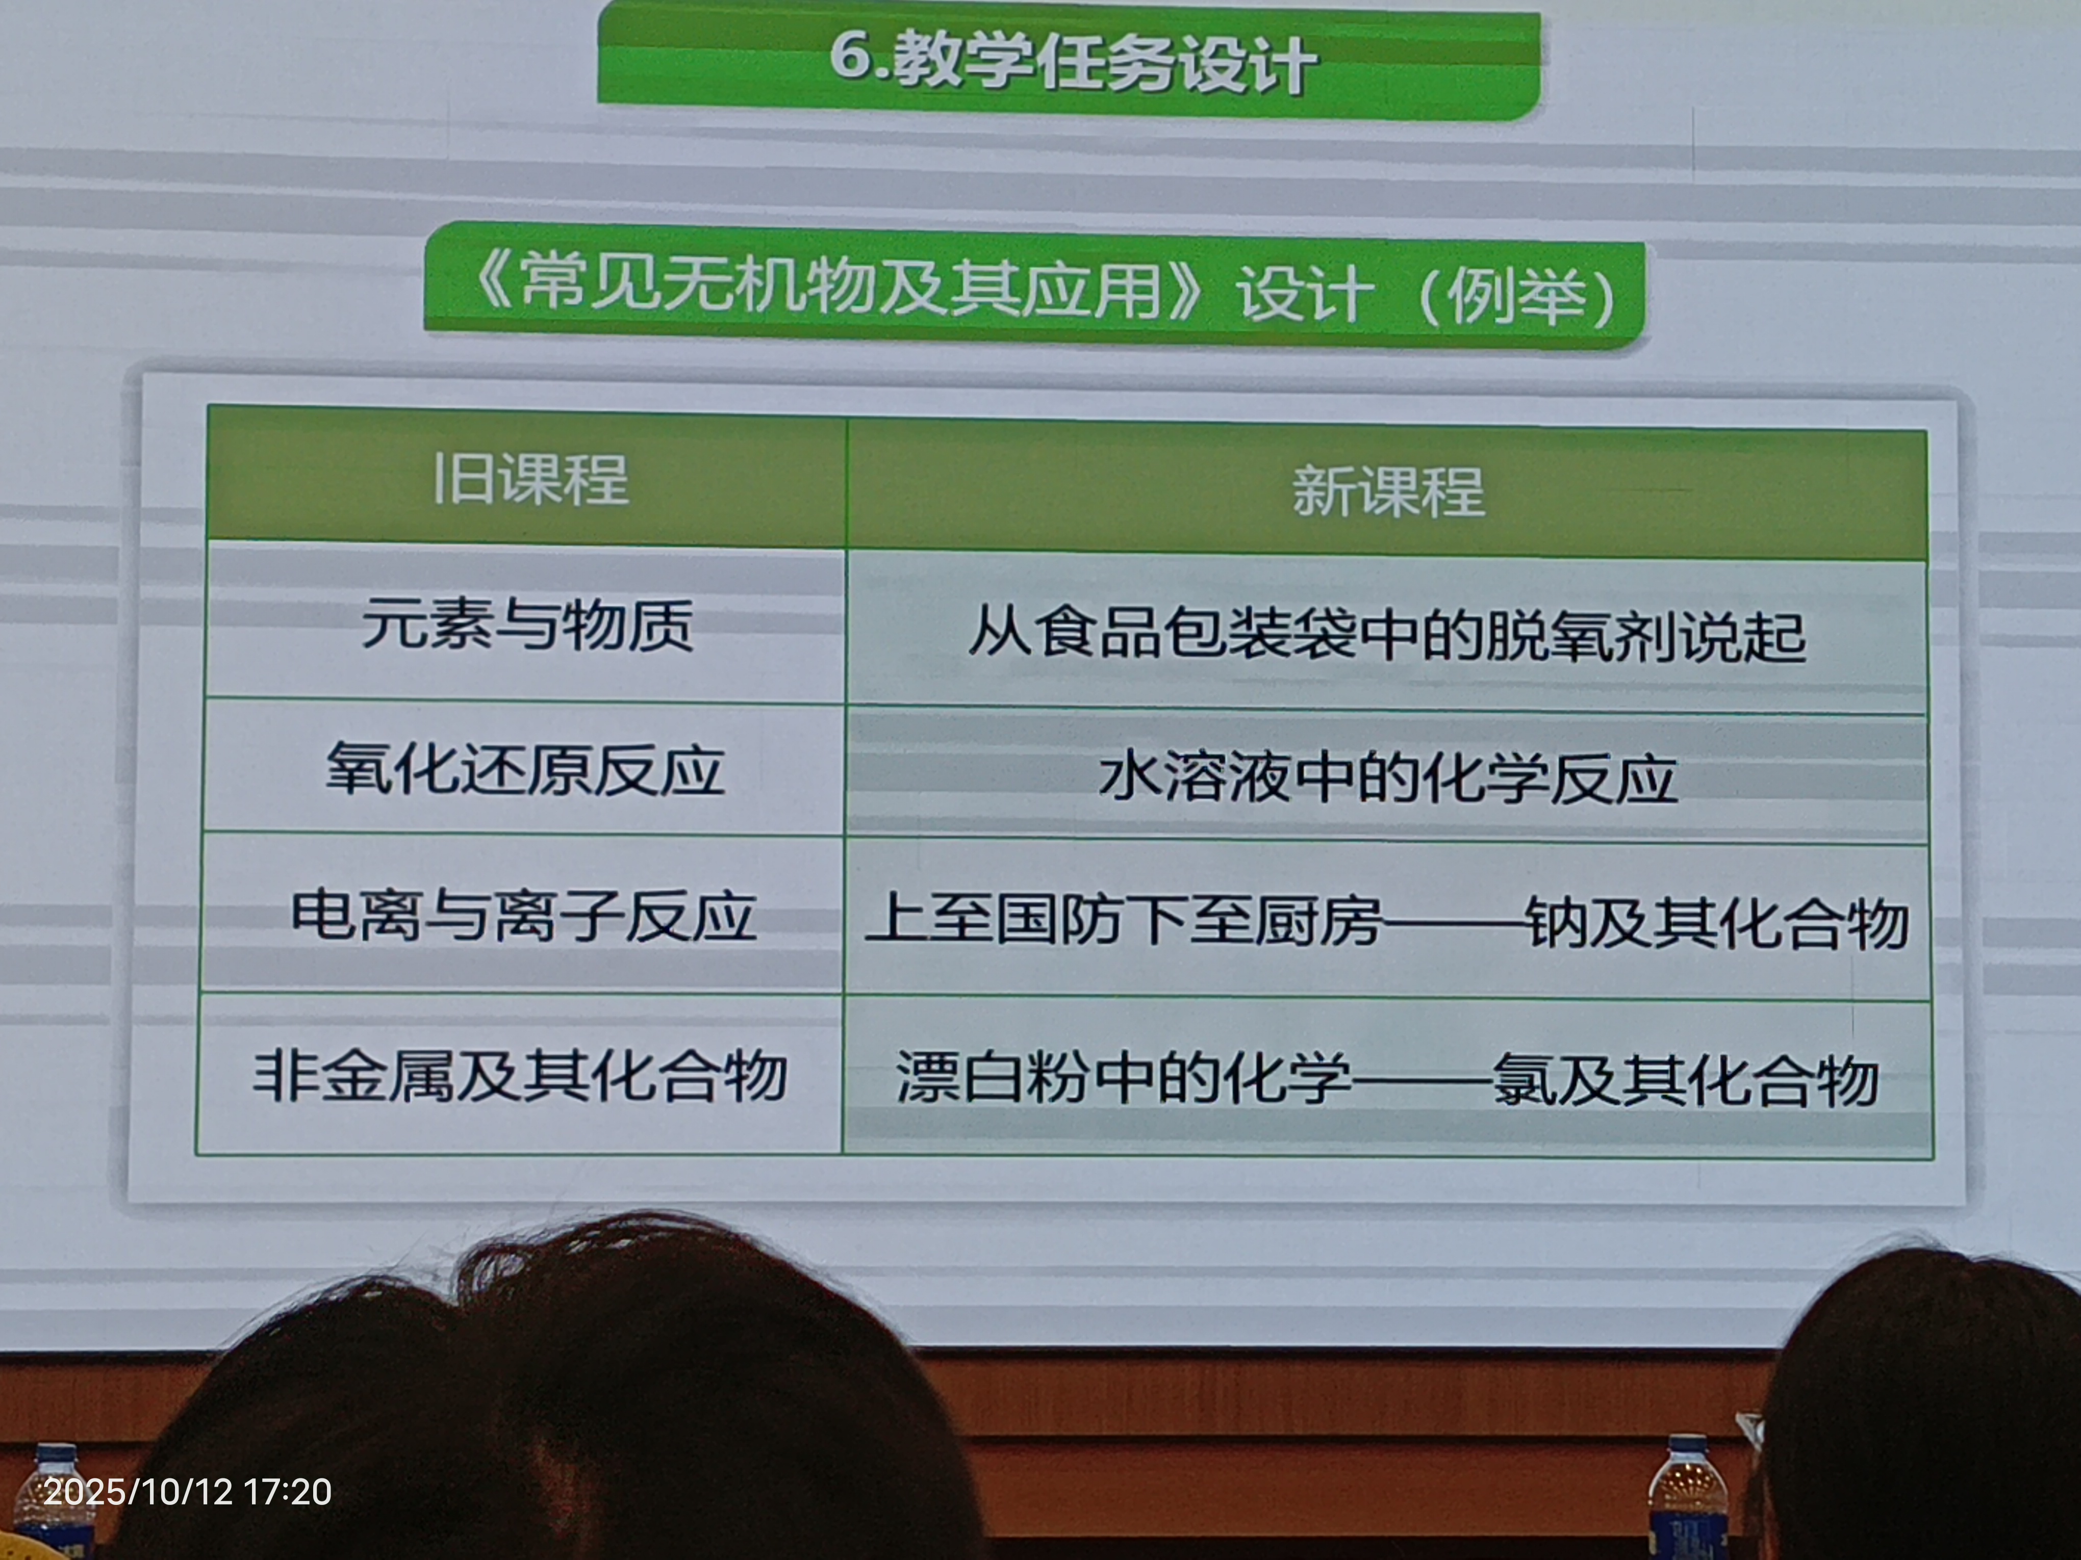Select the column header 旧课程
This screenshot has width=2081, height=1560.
pos(529,480)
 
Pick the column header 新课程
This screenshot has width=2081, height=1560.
pos(1388,491)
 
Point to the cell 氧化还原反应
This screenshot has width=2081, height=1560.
pos(525,769)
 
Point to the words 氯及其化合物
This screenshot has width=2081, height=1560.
pos(1686,1079)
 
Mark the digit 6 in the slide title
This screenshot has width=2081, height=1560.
pos(850,58)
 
